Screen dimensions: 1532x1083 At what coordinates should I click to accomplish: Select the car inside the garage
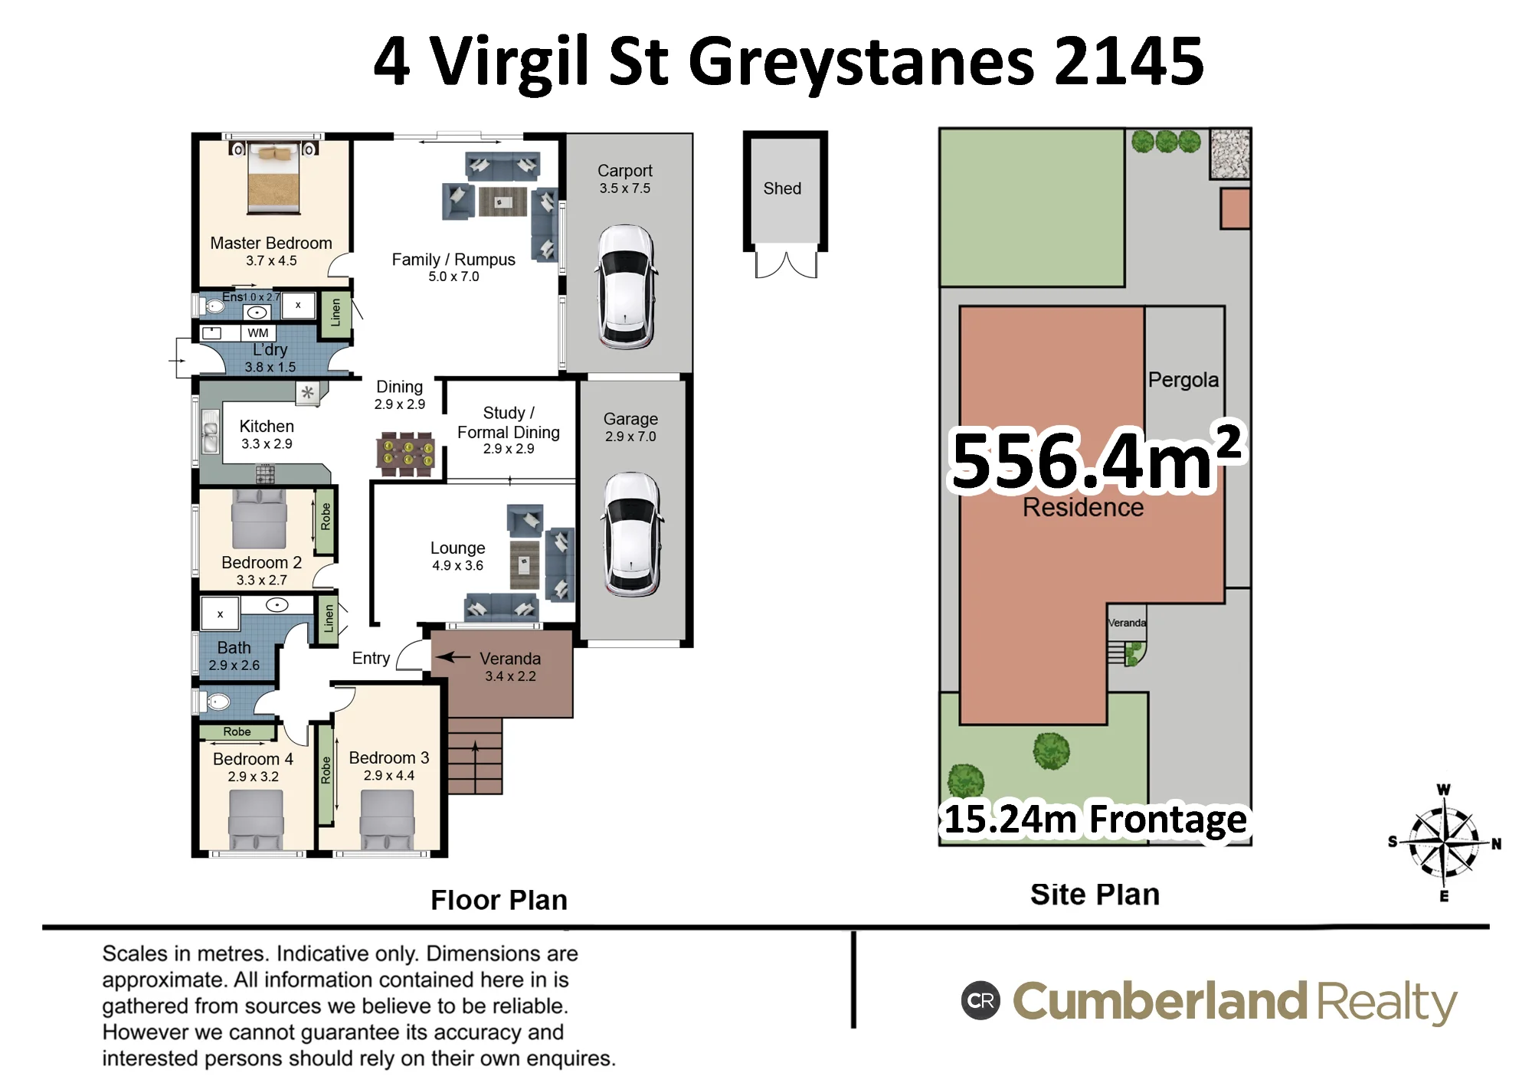pos(632,534)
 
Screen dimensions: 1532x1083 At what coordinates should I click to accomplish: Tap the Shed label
pos(782,188)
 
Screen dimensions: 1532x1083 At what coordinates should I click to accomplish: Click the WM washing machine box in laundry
pos(258,333)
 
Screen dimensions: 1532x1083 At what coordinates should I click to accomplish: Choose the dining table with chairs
pos(406,453)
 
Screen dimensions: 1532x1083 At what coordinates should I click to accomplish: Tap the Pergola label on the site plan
pos(1183,380)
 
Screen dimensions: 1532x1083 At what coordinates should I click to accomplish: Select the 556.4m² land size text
pos(1096,458)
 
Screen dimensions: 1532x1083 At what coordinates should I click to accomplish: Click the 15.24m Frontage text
pos(1095,819)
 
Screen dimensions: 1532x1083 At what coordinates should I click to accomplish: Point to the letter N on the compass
pos(1496,843)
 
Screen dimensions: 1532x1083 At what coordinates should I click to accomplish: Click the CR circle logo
pos(980,1000)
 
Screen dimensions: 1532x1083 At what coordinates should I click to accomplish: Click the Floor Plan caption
pos(499,900)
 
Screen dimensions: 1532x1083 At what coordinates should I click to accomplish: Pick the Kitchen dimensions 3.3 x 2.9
pos(267,443)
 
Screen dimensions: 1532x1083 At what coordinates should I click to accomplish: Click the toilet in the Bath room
pos(216,702)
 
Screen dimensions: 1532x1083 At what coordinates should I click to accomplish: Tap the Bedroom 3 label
pos(389,757)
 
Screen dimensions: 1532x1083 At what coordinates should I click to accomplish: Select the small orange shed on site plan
pos(1235,208)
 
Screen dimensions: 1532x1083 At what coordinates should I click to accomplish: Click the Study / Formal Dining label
pos(509,422)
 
